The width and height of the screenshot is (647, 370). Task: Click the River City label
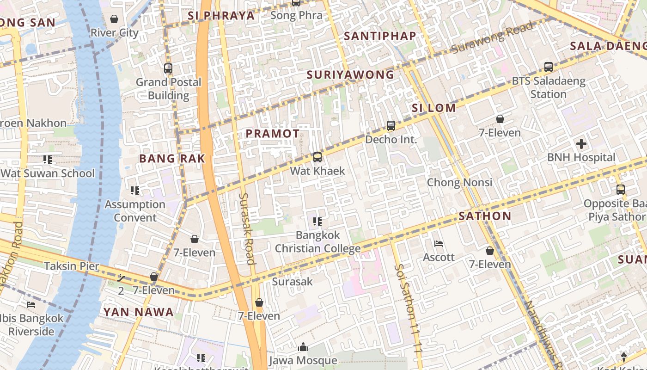[114, 33]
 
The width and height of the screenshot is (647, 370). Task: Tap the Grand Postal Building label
[168, 89]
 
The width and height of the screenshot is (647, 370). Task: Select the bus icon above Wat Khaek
[317, 157]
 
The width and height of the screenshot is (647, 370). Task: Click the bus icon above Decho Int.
[391, 126]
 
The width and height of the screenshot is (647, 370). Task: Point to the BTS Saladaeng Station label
[548, 87]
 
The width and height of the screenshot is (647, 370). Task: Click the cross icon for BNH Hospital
[581, 144]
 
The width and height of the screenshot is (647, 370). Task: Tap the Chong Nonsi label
[459, 182]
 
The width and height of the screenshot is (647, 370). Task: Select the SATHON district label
[485, 216]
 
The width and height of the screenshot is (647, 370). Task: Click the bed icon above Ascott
[439, 244]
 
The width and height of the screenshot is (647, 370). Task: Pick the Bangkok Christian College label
[317, 242]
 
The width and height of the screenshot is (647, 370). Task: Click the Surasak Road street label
[247, 228]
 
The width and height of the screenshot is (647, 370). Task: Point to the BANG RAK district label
[172, 159]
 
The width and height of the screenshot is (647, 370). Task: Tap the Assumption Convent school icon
[135, 191]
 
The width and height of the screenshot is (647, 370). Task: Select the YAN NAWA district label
[138, 312]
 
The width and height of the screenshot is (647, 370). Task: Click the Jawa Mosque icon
[303, 347]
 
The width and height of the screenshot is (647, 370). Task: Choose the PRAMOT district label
[272, 134]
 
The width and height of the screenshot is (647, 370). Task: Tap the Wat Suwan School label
[48, 173]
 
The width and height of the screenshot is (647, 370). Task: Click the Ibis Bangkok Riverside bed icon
[31, 304]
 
